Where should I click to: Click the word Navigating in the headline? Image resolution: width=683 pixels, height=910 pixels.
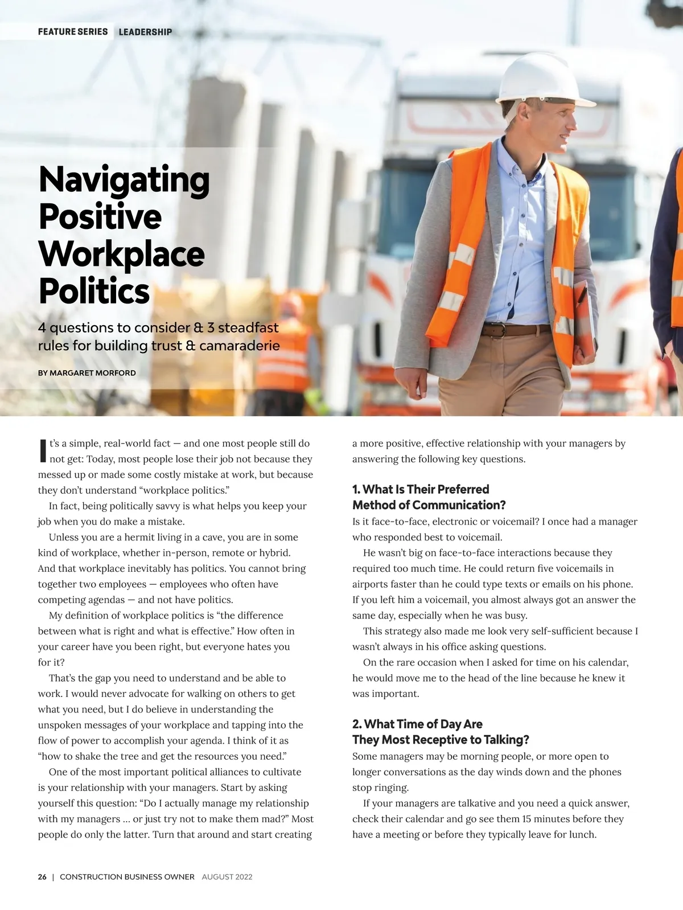pyautogui.click(x=124, y=180)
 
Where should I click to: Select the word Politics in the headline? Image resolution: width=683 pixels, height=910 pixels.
pyautogui.click(x=94, y=291)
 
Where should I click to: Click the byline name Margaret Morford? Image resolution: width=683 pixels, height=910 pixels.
pyautogui.click(x=93, y=373)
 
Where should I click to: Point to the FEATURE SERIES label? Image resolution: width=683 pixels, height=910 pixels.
pyautogui.click(x=73, y=32)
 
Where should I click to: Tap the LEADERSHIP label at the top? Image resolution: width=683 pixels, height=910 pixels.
pyautogui.click(x=145, y=32)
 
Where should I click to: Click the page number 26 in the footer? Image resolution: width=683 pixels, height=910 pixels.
pyautogui.click(x=42, y=877)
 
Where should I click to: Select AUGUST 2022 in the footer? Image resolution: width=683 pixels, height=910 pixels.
pyautogui.click(x=227, y=877)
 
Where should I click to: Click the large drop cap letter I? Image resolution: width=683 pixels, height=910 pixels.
pyautogui.click(x=42, y=450)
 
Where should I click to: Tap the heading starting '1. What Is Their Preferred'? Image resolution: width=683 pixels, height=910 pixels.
pyautogui.click(x=421, y=489)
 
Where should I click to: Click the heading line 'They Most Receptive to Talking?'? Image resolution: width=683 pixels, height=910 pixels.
pyautogui.click(x=441, y=740)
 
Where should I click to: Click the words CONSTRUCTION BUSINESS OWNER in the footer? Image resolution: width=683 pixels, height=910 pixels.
pyautogui.click(x=127, y=877)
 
